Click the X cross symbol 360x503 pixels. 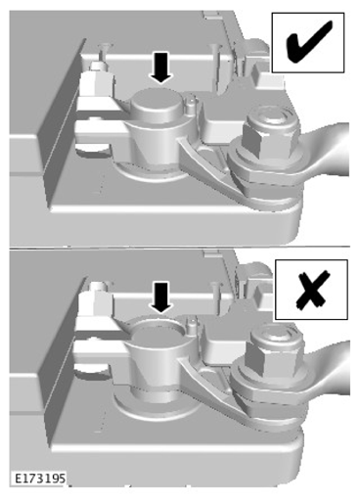pyautogui.click(x=312, y=291)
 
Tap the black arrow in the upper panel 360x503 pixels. pyautogui.click(x=160, y=68)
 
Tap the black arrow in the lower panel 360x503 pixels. pyautogui.click(x=160, y=297)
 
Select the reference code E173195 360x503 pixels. pyautogui.click(x=40, y=479)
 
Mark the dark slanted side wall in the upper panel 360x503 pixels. pyautogui.click(x=62, y=124)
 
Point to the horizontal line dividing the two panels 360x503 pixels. pyautogui.click(x=180, y=248)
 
